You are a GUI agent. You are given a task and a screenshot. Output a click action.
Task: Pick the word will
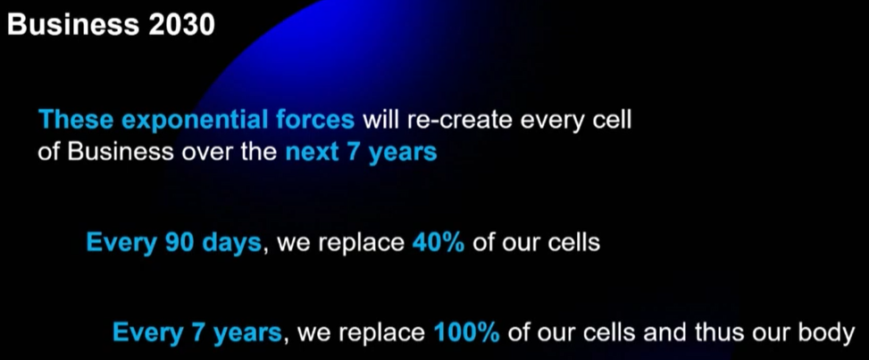pos(382,120)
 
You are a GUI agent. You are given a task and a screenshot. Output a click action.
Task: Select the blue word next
pos(312,152)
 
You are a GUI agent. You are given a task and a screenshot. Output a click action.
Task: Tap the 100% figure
pos(466,333)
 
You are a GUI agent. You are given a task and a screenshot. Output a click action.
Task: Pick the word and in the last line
pos(649,332)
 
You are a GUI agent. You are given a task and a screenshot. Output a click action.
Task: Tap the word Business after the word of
pos(121,152)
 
